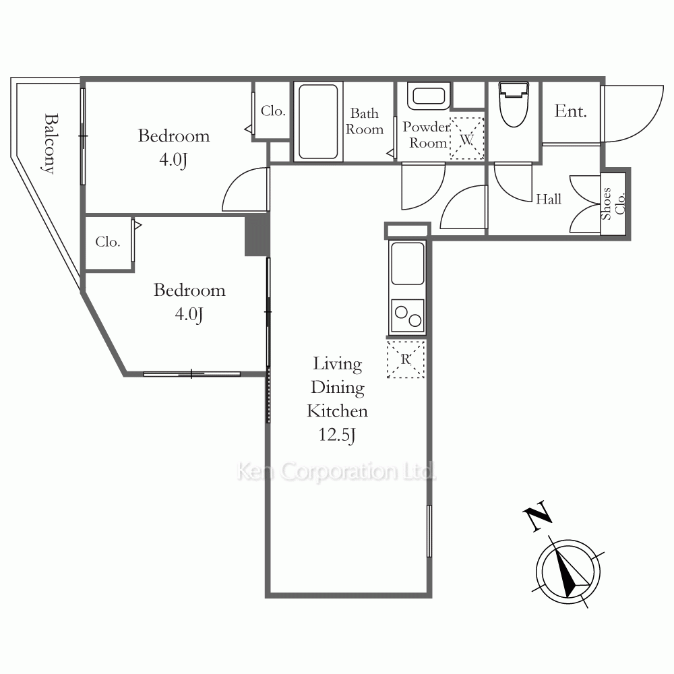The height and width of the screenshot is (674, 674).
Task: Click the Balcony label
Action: (x=51, y=144)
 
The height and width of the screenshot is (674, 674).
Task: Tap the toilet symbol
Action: (x=514, y=104)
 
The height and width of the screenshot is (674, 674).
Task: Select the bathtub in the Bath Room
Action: (x=318, y=121)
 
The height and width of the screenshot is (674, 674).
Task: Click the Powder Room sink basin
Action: (x=429, y=96)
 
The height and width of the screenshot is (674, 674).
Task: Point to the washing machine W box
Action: (x=467, y=139)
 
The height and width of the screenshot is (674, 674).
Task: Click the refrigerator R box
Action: (x=406, y=359)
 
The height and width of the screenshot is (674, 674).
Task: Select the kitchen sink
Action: (x=407, y=264)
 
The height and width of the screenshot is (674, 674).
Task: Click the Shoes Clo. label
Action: (x=613, y=204)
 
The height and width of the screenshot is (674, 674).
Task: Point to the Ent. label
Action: (x=570, y=111)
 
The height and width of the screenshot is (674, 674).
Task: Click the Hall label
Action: (x=549, y=199)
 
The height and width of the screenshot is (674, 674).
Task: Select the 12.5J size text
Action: (x=337, y=435)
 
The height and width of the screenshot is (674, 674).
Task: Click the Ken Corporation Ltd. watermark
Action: (x=337, y=471)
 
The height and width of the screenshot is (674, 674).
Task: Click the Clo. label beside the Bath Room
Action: (x=273, y=111)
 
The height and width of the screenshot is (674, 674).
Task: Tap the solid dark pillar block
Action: (x=257, y=235)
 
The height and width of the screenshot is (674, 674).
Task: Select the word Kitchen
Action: (x=338, y=411)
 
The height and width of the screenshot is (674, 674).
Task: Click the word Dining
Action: (x=338, y=388)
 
